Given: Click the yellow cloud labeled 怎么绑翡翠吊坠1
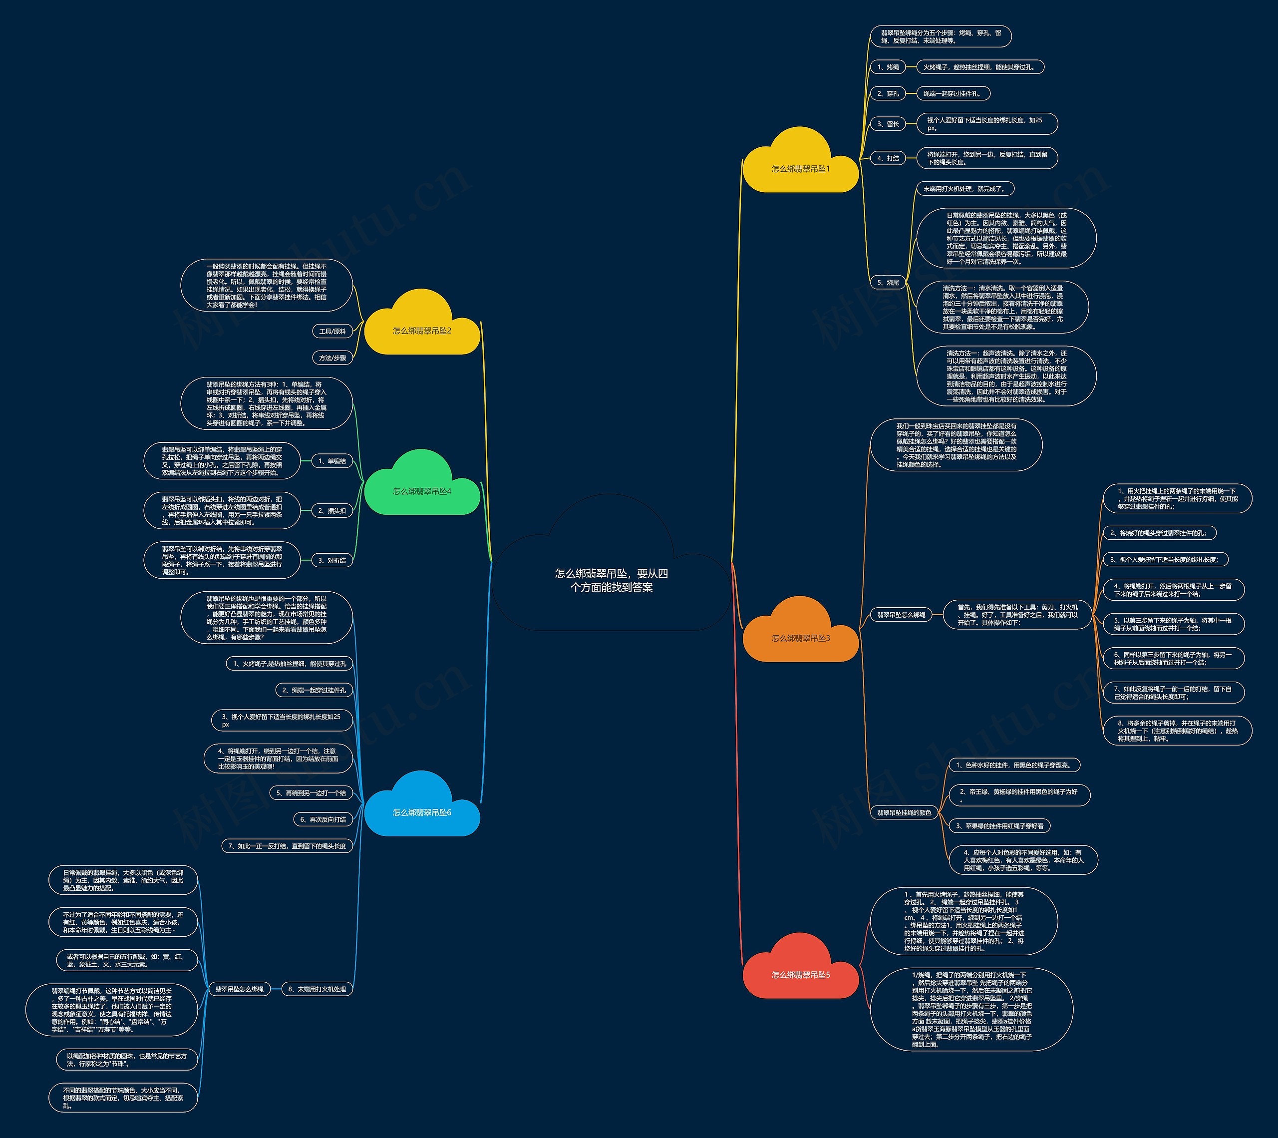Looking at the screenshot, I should [x=800, y=168].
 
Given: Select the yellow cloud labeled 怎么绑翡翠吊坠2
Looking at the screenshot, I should [x=422, y=330].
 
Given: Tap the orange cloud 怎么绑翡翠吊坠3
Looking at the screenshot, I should [x=800, y=638].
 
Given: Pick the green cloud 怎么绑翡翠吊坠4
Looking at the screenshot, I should [x=422, y=491].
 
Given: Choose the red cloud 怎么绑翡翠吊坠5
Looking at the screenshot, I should [x=800, y=974].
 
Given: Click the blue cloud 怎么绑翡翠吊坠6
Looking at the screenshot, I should [x=422, y=812].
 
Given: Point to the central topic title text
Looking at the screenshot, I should [x=611, y=580].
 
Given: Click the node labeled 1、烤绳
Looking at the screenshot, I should [x=888, y=67].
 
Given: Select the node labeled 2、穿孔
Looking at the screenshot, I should [x=888, y=94].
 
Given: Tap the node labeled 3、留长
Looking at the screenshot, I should [x=888, y=124].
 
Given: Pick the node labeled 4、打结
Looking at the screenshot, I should [x=888, y=158].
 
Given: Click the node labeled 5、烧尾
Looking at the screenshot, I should [x=888, y=283].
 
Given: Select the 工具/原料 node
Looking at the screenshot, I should [x=332, y=332].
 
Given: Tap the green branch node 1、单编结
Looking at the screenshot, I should [x=332, y=461].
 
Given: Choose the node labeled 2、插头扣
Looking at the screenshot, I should [x=332, y=511].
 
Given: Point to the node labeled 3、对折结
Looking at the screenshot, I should [x=332, y=560].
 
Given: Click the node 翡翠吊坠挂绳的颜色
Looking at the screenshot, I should [x=904, y=813].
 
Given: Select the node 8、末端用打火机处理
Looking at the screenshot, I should [x=317, y=989].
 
